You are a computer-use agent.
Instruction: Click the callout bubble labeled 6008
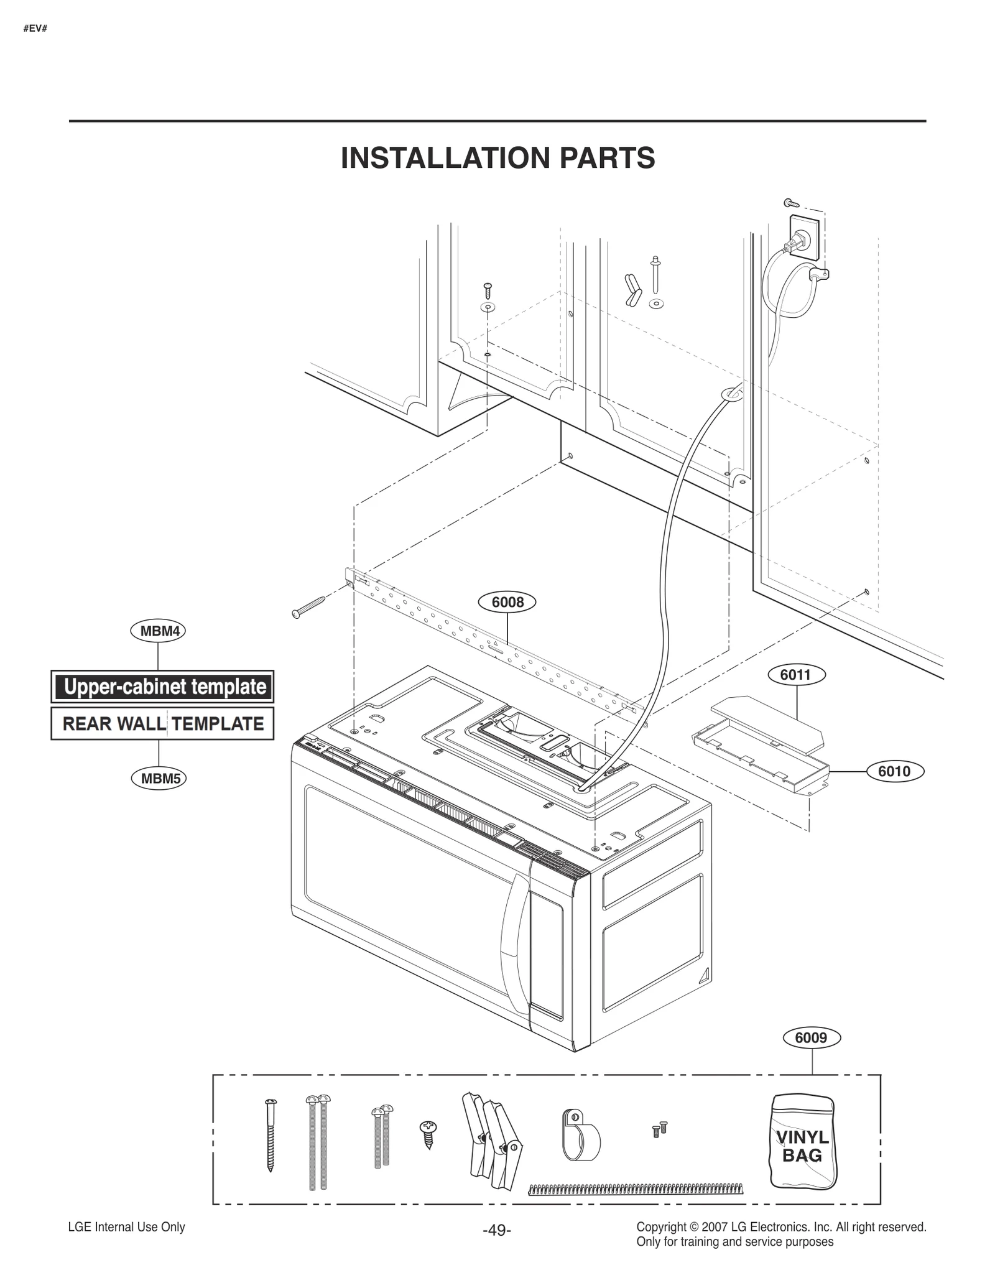(507, 602)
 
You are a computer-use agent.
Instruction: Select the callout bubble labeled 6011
(795, 674)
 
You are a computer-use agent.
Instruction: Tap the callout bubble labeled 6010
(894, 771)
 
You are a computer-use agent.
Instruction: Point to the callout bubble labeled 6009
(812, 1037)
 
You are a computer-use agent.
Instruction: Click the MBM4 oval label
(159, 631)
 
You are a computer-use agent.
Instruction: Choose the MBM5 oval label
(159, 778)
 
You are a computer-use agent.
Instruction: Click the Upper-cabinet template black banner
(162, 687)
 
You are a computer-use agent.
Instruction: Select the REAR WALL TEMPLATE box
(162, 724)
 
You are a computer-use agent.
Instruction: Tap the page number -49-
(497, 1230)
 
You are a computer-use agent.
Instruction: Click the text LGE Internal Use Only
(126, 1226)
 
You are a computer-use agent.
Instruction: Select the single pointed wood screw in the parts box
(270, 1135)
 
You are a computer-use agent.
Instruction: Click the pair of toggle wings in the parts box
(491, 1141)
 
